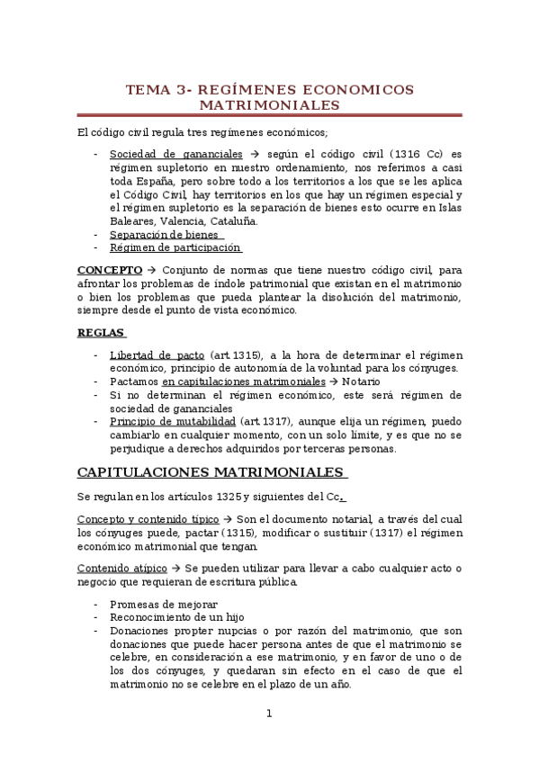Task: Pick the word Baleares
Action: click(132, 220)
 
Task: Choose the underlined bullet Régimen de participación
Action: click(175, 247)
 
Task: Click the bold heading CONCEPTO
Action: click(110, 269)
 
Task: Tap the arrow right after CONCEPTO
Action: click(151, 269)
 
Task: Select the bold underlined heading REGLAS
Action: click(94, 332)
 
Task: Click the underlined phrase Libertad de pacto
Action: click(157, 355)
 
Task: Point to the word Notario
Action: click(360, 381)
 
